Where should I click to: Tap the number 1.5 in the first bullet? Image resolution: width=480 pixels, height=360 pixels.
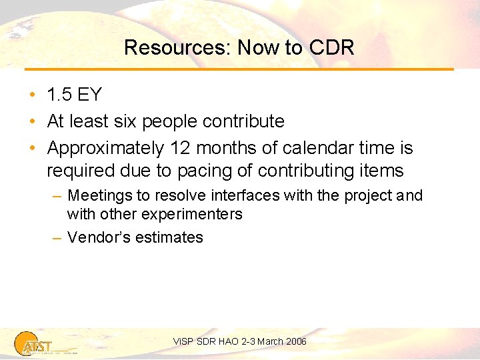[59, 95]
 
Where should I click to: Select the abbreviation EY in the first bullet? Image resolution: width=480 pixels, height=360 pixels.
[90, 95]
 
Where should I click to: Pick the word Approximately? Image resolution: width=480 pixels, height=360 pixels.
[106, 147]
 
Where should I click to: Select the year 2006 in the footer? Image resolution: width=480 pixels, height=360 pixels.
[295, 341]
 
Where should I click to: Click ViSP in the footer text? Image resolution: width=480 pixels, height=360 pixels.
[183, 341]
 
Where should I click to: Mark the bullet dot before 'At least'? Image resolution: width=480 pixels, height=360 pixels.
[32, 121]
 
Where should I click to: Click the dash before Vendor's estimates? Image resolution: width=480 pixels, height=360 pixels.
[57, 237]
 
